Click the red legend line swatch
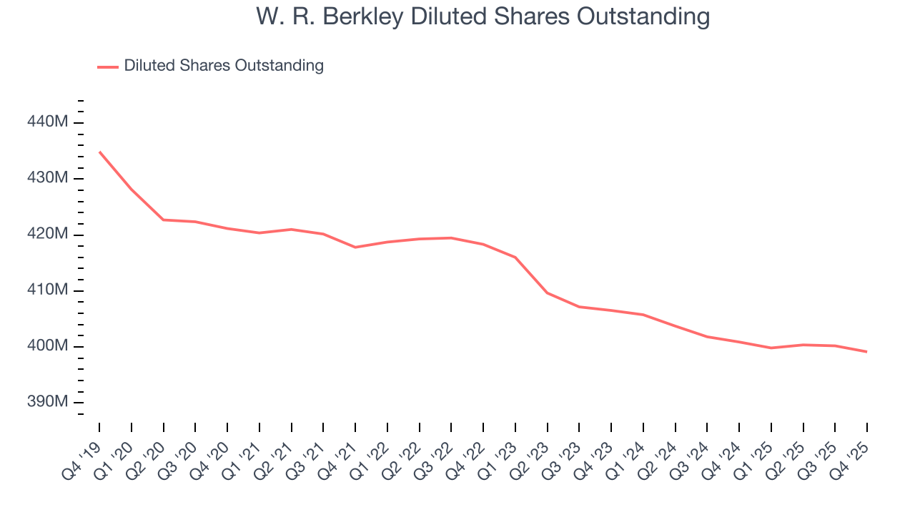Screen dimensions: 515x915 (x=107, y=67)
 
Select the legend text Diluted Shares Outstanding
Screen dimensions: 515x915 (x=224, y=66)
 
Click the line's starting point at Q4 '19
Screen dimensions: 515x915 (x=99, y=152)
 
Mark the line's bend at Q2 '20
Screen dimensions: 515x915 (x=164, y=220)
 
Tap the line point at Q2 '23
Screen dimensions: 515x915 (x=548, y=293)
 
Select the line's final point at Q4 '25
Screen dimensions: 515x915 (x=867, y=352)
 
